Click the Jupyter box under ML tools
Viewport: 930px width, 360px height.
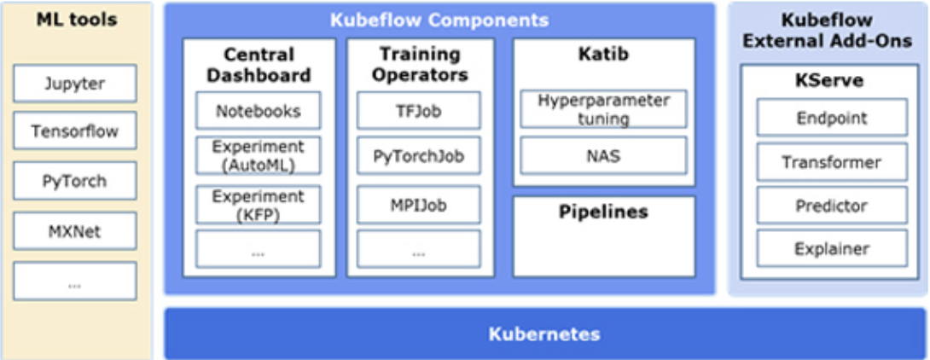coord(75,84)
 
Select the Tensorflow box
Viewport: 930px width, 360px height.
coord(75,131)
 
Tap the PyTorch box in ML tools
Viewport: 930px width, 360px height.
coord(75,180)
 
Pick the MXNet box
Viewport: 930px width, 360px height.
coord(75,230)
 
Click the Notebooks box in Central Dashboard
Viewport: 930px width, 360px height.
coord(258,110)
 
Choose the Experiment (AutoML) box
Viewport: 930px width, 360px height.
coord(258,156)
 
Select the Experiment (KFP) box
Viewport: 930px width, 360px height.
coord(258,205)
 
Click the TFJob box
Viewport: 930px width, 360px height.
coord(419,110)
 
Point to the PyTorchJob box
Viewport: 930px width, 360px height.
coord(419,156)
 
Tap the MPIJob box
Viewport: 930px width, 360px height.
coord(419,206)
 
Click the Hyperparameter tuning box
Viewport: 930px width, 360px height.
coord(604,109)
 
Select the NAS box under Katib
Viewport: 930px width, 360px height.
coord(604,155)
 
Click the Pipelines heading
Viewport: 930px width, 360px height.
coord(603,212)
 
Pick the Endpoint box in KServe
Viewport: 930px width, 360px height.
coord(832,118)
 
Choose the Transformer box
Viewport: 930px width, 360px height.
coord(832,162)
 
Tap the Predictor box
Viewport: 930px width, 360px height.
coord(832,206)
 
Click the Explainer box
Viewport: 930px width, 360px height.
coord(832,248)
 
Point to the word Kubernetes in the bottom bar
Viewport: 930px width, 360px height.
coord(543,334)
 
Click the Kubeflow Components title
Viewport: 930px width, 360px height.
coord(439,20)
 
